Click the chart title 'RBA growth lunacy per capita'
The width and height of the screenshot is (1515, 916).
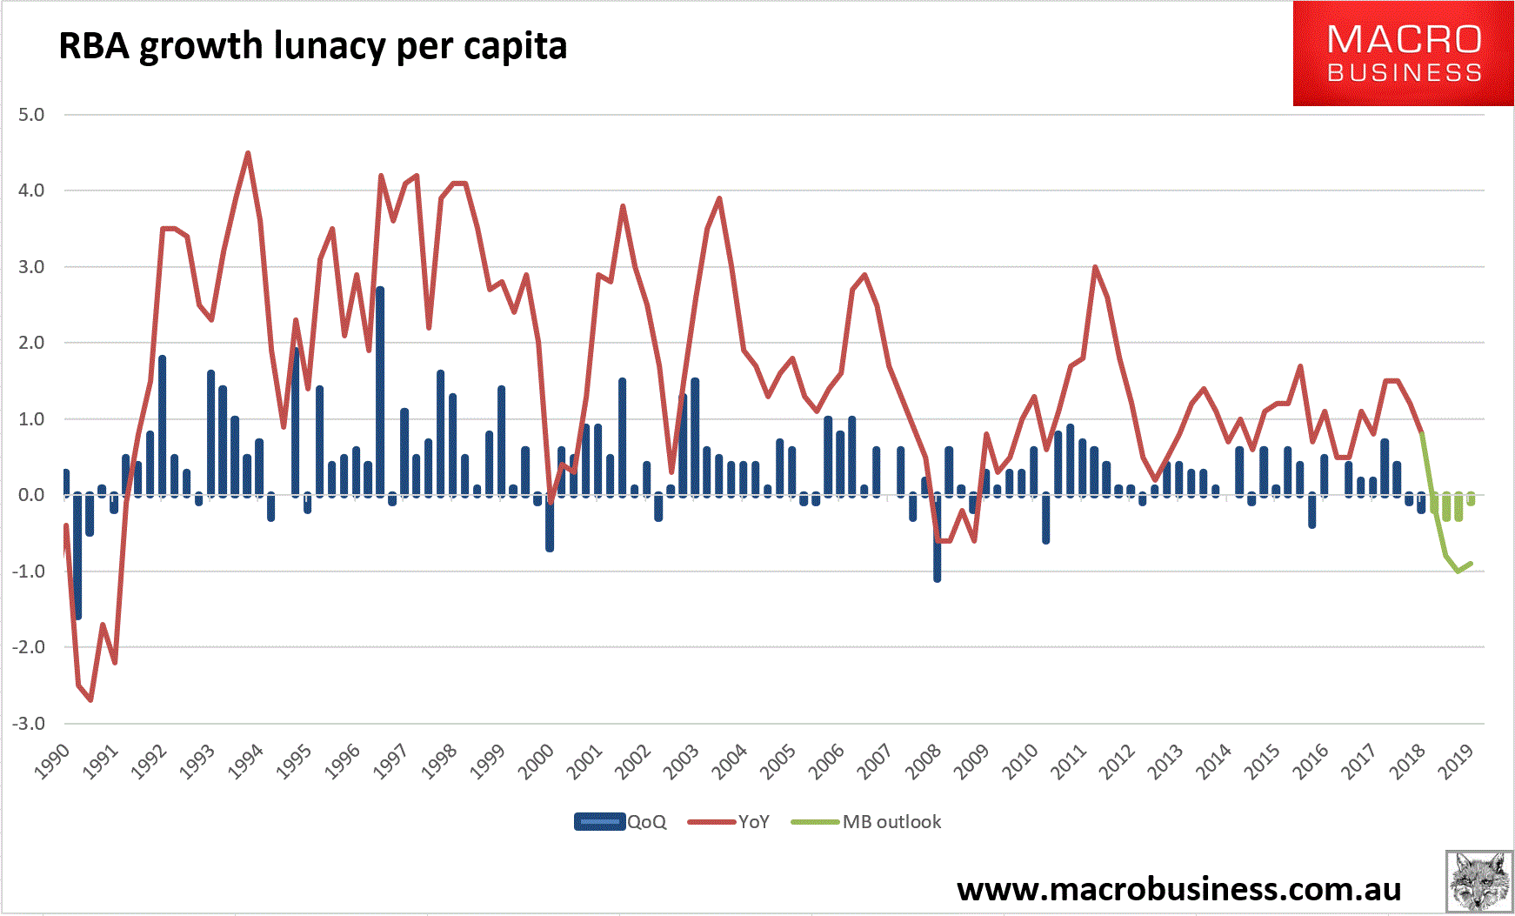(x=312, y=45)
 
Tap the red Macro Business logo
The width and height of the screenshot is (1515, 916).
(x=1403, y=54)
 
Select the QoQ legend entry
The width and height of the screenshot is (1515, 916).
(x=620, y=822)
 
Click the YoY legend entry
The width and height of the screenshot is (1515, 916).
(x=729, y=822)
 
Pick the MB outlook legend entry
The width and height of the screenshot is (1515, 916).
(x=866, y=822)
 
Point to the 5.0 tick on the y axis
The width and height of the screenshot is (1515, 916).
(x=31, y=115)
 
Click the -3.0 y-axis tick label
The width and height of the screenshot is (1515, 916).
(x=29, y=724)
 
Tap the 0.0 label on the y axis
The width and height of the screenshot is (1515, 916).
(x=31, y=495)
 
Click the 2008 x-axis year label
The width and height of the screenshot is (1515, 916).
(x=924, y=762)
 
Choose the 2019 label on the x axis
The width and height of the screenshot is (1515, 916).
(x=1456, y=762)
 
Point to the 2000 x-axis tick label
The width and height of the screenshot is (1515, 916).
(x=537, y=762)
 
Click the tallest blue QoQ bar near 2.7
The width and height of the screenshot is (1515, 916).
(x=380, y=391)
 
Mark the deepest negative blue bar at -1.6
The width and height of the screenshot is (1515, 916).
(x=78, y=557)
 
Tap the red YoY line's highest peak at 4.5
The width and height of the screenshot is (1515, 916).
(x=248, y=153)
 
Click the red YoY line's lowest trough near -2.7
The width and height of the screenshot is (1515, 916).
(x=90, y=699)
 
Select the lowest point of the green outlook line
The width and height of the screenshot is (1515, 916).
(x=1458, y=572)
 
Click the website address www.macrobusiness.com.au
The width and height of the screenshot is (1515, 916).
(x=1178, y=889)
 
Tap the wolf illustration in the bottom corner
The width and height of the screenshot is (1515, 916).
(x=1478, y=881)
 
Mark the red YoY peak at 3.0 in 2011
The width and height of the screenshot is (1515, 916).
(x=1095, y=267)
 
